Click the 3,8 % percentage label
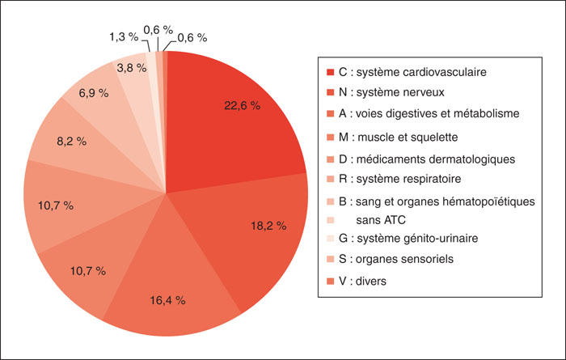point(132,68)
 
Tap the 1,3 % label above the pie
point(124,37)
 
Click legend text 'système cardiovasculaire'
point(421,72)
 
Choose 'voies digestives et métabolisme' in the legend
point(437,114)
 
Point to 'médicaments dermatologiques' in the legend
point(436,159)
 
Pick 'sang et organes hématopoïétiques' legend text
point(446,201)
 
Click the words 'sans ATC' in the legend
point(381,220)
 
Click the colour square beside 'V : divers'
point(330,282)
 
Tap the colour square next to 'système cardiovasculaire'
point(330,72)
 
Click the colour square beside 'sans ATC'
point(330,220)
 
